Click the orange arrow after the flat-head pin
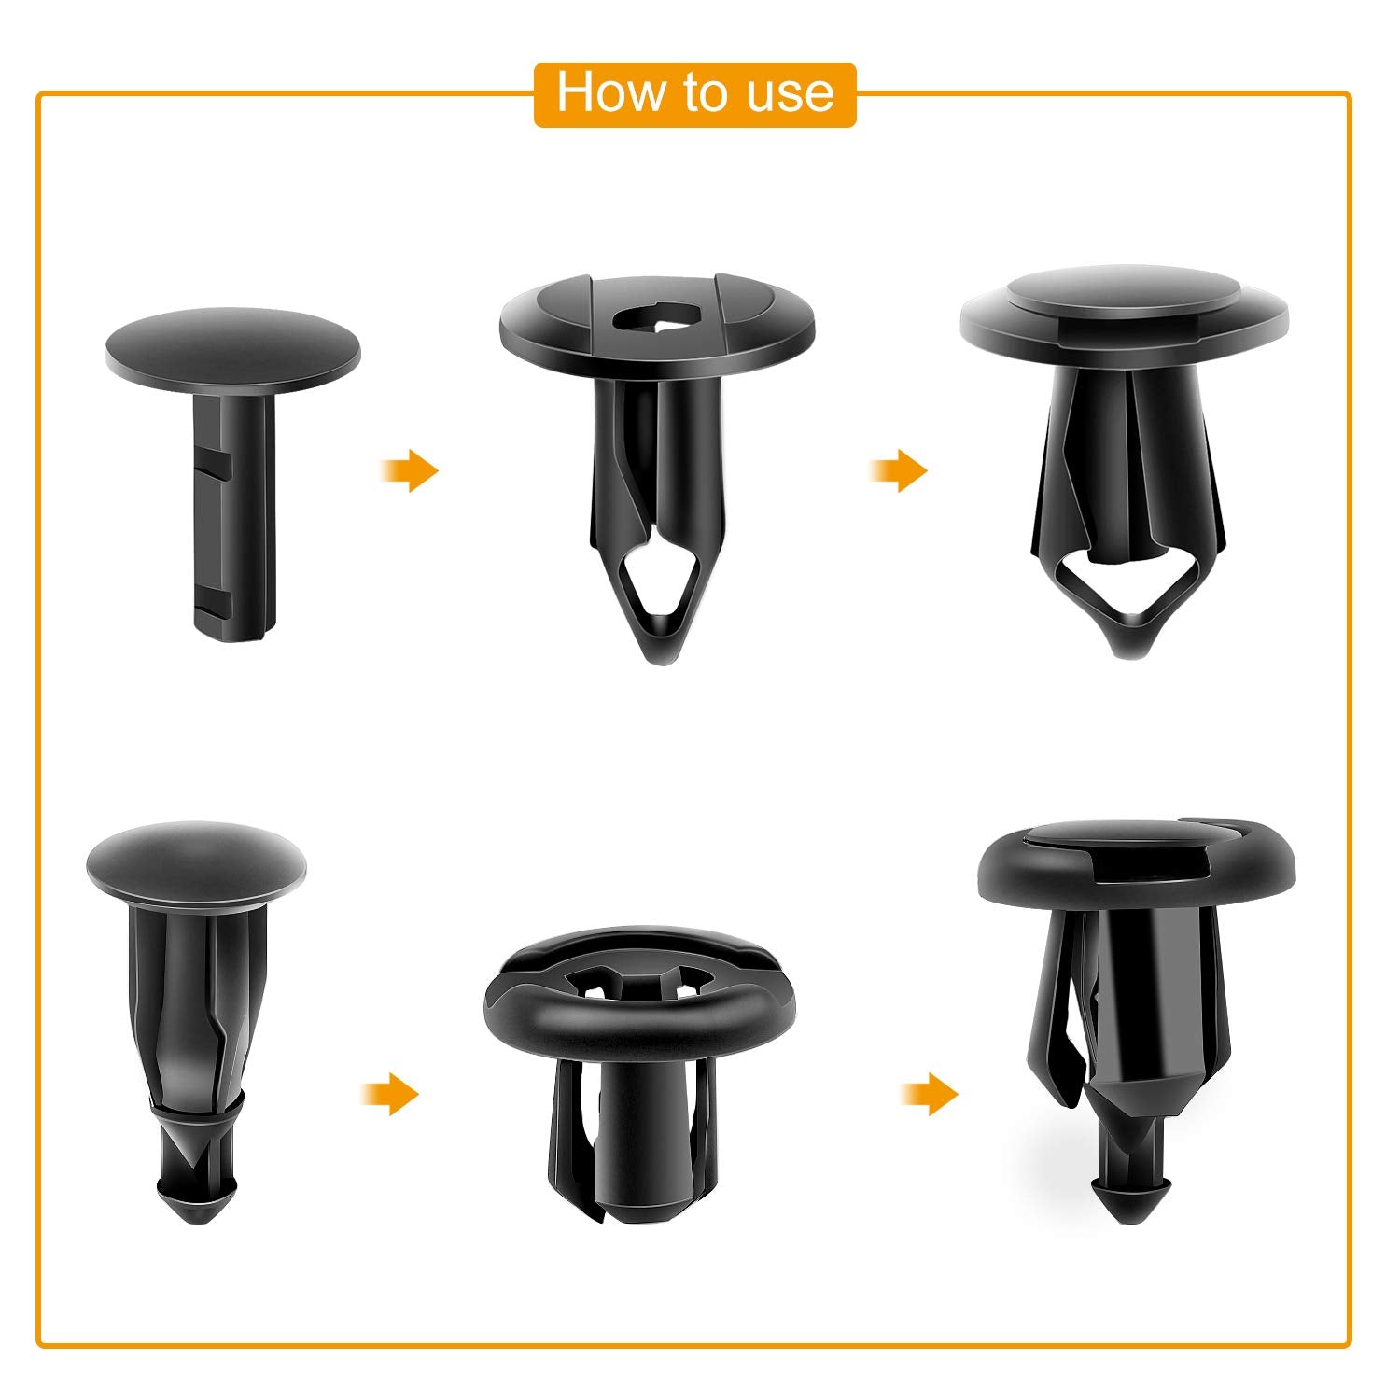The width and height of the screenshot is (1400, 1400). point(411,470)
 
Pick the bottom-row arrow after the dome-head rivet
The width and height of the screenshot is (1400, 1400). point(390,1093)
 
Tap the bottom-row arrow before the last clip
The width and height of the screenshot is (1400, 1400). point(930,1093)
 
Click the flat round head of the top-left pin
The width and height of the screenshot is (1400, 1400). point(231,350)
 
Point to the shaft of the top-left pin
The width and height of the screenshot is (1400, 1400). point(233,513)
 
